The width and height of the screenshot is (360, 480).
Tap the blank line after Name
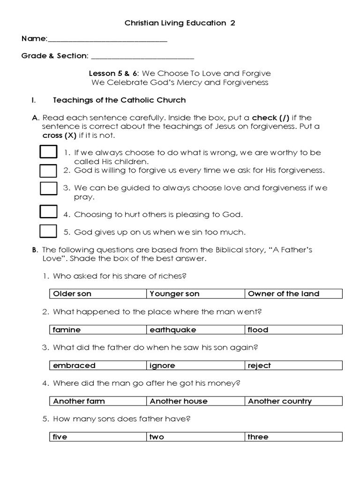click(x=107, y=40)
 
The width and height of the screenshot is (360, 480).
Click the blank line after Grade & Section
click(x=142, y=58)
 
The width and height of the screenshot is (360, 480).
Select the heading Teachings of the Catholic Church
click(x=120, y=100)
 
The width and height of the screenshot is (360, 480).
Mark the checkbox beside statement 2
click(x=48, y=171)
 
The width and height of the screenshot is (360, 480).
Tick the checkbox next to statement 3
click(x=48, y=188)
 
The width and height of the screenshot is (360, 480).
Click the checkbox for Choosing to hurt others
click(x=48, y=212)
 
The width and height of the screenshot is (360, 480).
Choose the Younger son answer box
click(x=195, y=294)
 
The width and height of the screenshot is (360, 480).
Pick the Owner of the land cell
click(x=293, y=294)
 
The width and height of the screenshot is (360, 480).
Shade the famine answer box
click(x=97, y=330)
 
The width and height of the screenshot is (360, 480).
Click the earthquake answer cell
click(x=195, y=330)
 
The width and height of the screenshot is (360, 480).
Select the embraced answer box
click(x=97, y=366)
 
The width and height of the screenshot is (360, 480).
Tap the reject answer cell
click(x=293, y=366)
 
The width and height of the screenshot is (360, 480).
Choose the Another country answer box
click(x=293, y=401)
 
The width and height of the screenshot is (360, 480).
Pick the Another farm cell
click(x=97, y=401)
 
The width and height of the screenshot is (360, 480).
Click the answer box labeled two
click(x=195, y=437)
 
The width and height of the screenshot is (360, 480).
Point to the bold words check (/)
click(x=270, y=118)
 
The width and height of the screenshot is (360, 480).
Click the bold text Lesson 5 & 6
click(x=114, y=74)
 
